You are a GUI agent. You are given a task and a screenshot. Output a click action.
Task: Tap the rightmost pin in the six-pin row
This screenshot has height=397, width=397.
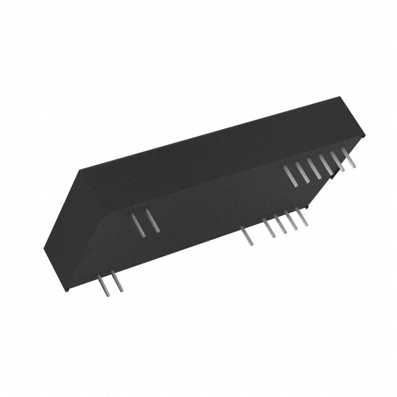pyautogui.click(x=349, y=158)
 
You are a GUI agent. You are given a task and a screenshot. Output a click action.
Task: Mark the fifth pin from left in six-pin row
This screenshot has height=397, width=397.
pyautogui.click(x=337, y=161)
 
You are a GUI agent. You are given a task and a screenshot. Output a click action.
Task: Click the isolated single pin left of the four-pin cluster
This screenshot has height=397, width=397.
pyautogui.click(x=248, y=236)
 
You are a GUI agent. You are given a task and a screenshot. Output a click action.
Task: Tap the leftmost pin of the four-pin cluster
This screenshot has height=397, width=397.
pyautogui.click(x=269, y=227)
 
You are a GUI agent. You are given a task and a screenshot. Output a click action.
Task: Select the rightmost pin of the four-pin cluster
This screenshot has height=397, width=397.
pyautogui.click(x=301, y=216)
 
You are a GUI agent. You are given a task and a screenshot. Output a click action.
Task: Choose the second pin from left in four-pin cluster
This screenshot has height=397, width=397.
pyautogui.click(x=280, y=223)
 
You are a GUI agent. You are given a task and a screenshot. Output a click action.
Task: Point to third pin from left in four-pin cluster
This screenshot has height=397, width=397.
pyautogui.click(x=291, y=220)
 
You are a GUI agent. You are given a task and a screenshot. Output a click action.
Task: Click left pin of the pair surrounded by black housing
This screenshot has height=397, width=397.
pyautogui.click(x=138, y=224)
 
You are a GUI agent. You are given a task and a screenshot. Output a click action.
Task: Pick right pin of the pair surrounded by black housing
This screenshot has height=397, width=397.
pyautogui.click(x=152, y=220)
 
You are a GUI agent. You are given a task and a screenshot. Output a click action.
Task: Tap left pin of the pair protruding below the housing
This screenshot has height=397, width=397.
pyautogui.click(x=102, y=285)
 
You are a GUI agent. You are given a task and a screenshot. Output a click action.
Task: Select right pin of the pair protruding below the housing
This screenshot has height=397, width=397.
pyautogui.click(x=115, y=282)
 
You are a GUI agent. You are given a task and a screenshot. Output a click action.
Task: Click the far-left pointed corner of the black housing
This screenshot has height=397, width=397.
pyautogui.click(x=45, y=248)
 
